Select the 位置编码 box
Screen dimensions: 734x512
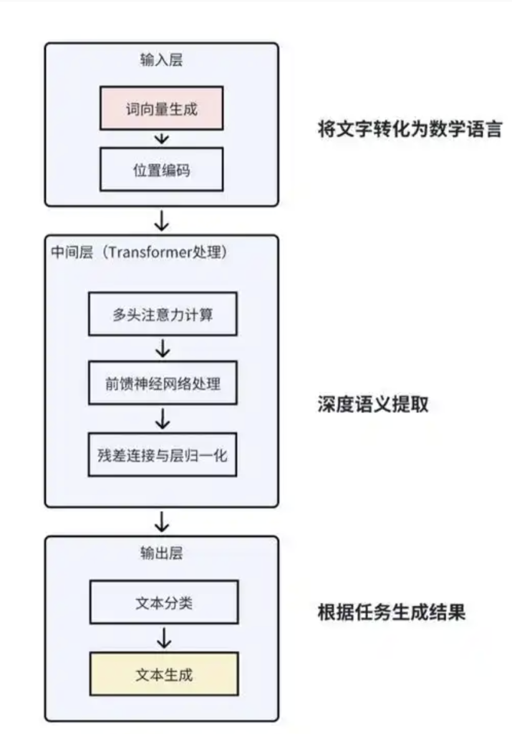coord(162,169)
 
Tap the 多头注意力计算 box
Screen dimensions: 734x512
coord(162,314)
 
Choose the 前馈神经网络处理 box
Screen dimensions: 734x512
coord(162,383)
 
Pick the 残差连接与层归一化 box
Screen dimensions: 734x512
coord(162,454)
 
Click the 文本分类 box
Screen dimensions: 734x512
coord(163,603)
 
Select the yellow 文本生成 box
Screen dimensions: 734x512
coord(163,674)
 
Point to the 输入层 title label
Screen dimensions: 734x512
coord(161,60)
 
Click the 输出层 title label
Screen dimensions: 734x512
coord(162,553)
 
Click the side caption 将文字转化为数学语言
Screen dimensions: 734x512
coord(410,130)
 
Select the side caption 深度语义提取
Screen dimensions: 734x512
coord(372,404)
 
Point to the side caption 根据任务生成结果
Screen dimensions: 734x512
coord(391,613)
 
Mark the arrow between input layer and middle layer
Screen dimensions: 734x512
coord(162,220)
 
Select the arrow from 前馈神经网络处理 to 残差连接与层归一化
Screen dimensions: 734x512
coord(163,419)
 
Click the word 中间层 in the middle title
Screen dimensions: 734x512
coord(70,253)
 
